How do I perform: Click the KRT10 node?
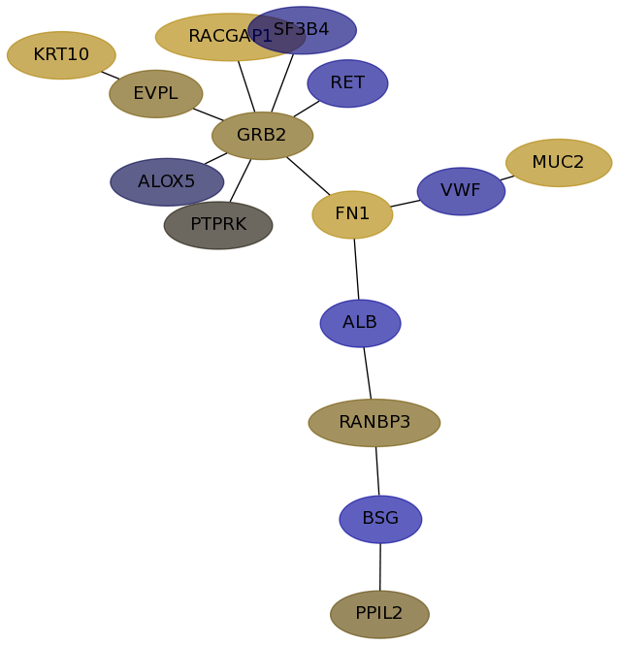click(61, 55)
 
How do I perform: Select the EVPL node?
click(155, 94)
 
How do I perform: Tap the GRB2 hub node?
click(262, 136)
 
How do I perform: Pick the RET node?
click(347, 83)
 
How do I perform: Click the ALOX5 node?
click(167, 182)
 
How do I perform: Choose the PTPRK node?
click(218, 225)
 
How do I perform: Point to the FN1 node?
click(352, 214)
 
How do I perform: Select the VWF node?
click(461, 191)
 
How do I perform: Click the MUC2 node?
click(558, 163)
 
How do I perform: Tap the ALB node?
click(360, 323)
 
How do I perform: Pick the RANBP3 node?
click(374, 423)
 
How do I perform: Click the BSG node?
click(380, 519)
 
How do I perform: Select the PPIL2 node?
click(379, 614)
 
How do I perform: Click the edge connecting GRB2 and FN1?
click(309, 176)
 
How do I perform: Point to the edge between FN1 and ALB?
click(356, 269)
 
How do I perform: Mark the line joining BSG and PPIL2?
click(380, 566)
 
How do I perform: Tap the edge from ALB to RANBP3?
click(367, 372)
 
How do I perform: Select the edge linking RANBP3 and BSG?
click(377, 470)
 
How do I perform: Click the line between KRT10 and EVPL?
click(111, 75)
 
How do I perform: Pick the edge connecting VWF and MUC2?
click(507, 177)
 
